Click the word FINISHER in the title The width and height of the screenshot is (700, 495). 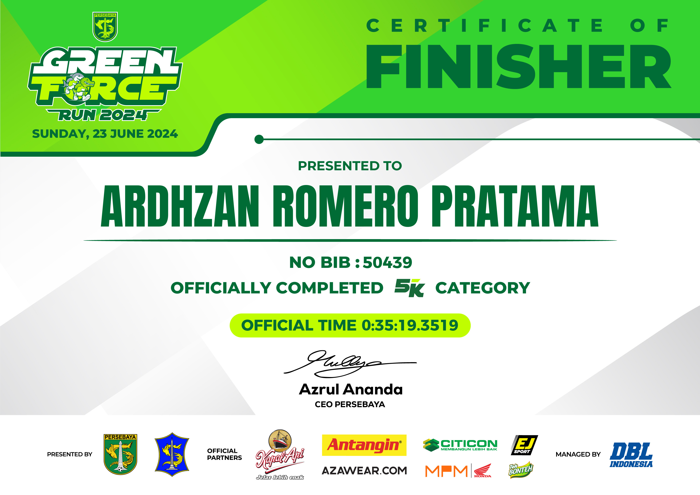tap(518, 66)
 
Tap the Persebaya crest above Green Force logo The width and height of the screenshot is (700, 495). tap(105, 27)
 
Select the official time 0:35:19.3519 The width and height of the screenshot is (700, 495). tap(410, 325)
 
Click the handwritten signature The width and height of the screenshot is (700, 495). tap(350, 363)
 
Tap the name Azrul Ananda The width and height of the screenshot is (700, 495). tap(351, 389)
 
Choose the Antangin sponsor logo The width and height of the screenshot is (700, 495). tap(364, 445)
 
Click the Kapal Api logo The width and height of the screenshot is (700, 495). tap(280, 454)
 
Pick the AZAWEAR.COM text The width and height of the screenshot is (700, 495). tap(364, 471)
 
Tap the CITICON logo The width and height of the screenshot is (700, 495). tap(460, 445)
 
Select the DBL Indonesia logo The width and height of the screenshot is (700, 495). tap(631, 455)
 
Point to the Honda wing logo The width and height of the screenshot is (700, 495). tap(483, 470)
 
